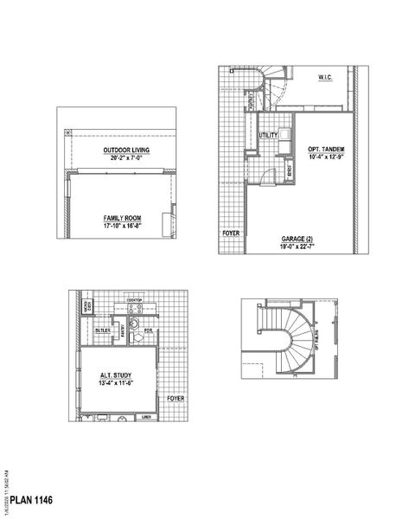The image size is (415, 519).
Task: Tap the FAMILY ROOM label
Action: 119,218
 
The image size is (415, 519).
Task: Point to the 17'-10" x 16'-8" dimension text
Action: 119,225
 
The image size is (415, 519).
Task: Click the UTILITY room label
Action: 267,136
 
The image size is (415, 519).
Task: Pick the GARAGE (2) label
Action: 297,238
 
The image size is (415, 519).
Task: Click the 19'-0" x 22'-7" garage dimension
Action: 297,246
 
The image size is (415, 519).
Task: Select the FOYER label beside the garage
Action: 231,234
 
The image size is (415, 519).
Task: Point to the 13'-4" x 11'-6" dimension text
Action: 116,382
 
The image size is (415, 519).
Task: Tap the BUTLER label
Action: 102,330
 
